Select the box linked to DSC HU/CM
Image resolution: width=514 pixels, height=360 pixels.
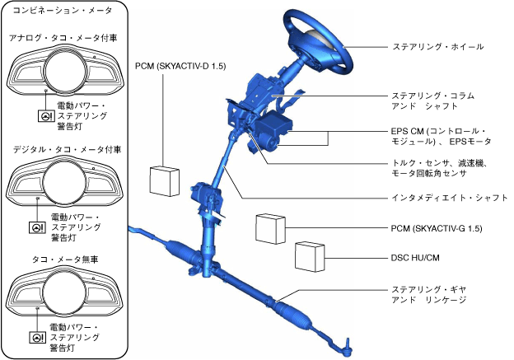[311, 255]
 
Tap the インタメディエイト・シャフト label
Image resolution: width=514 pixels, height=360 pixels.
[448, 198]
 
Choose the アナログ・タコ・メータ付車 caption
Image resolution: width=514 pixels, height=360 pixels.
[64, 39]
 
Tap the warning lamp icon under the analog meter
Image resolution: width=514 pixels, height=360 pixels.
[44, 117]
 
